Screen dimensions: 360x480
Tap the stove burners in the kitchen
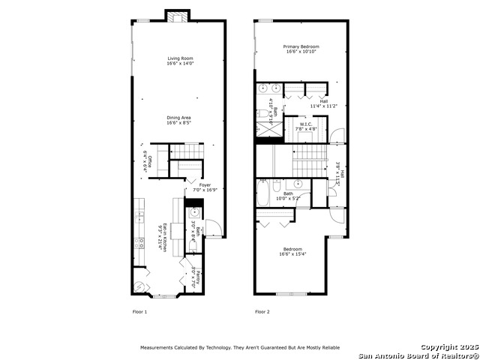click(139, 243)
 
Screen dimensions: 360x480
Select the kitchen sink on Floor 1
click(139, 217)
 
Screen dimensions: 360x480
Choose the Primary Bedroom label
click(301, 49)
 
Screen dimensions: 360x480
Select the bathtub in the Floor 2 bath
click(263, 193)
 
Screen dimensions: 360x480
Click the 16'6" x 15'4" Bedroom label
click(293, 251)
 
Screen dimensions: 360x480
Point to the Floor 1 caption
click(140, 311)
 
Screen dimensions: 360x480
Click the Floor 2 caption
click(262, 311)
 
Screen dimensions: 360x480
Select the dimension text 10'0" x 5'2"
click(289, 199)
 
